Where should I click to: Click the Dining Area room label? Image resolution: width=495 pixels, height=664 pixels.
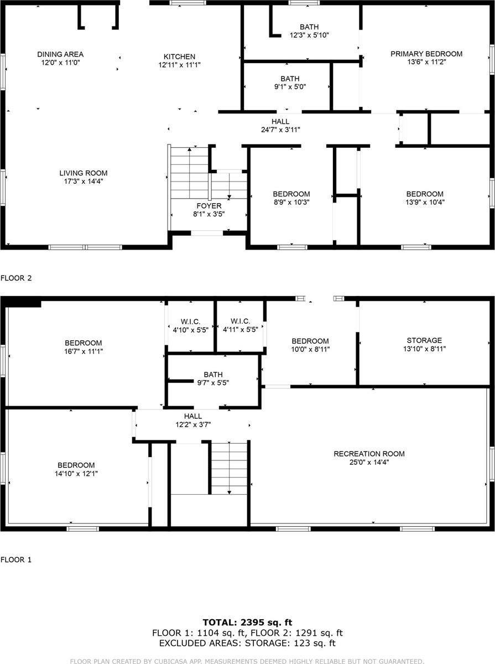pyautogui.click(x=60, y=54)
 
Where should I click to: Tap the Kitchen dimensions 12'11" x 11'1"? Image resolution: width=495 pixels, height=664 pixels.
pyautogui.click(x=179, y=65)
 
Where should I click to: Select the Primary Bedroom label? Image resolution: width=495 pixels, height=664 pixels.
pyautogui.click(x=426, y=54)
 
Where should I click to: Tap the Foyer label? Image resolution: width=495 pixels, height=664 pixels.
pyautogui.click(x=209, y=206)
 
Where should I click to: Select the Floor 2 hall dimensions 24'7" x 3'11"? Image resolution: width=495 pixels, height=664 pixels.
pyautogui.click(x=280, y=130)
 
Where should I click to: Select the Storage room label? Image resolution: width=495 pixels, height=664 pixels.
pyautogui.click(x=424, y=340)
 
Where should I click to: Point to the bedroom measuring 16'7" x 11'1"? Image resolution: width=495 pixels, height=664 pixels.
pyautogui.click(x=83, y=346)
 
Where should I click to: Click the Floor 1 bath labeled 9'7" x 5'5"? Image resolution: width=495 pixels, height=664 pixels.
pyautogui.click(x=212, y=378)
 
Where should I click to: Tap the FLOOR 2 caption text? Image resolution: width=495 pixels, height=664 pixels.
pyautogui.click(x=16, y=278)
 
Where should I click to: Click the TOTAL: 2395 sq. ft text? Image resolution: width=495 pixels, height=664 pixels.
pyautogui.click(x=247, y=622)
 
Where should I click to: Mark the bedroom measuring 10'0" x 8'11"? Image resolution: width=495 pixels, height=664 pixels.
pyautogui.click(x=310, y=345)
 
